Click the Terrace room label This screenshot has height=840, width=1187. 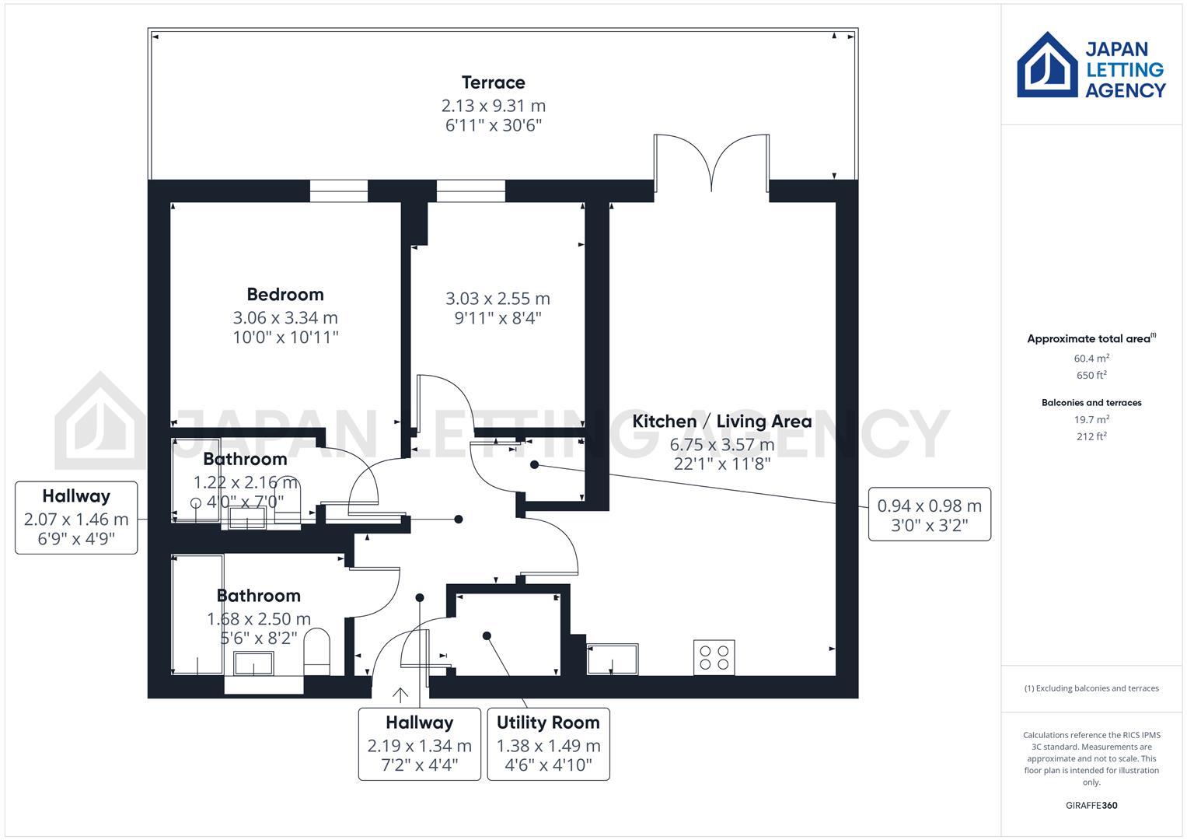point(493,82)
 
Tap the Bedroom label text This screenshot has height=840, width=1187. point(285,295)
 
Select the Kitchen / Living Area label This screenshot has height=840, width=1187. point(721,422)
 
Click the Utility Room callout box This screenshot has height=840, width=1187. point(548,744)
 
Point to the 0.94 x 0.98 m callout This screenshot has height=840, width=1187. point(929,514)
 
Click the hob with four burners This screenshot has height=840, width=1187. point(714,657)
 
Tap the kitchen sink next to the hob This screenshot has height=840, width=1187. point(613,659)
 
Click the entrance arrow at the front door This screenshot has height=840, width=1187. point(400,695)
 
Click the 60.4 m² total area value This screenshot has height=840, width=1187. point(1091,359)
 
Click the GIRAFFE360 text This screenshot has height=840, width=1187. point(1091,805)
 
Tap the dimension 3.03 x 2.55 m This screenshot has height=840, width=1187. point(497,299)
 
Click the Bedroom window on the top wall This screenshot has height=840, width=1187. point(338,191)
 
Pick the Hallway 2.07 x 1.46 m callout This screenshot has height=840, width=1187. point(76,517)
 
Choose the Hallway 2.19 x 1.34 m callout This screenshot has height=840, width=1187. point(419,744)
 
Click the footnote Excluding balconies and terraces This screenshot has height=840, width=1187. point(1091,688)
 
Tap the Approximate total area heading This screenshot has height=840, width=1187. point(1090,338)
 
